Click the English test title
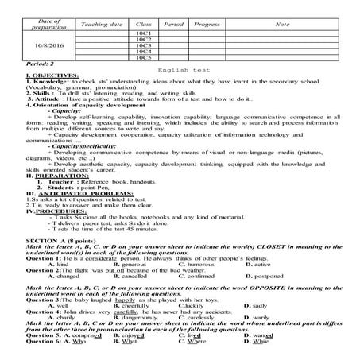180,72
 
